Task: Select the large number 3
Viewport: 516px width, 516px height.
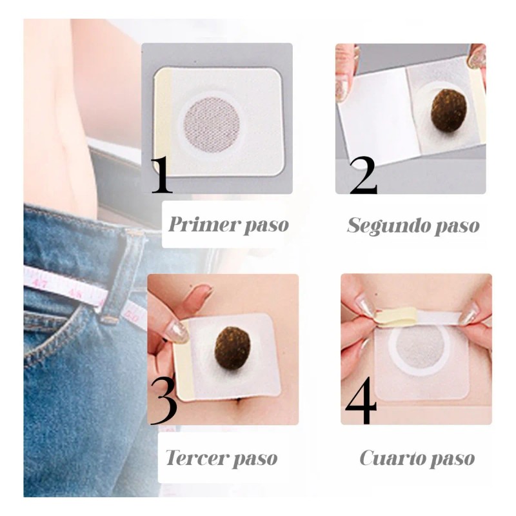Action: tap(163, 401)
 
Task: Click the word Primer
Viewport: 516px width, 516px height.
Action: tap(198, 225)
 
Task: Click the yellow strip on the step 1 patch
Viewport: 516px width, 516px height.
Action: tap(164, 123)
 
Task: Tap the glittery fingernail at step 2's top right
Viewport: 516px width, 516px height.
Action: tap(477, 57)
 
